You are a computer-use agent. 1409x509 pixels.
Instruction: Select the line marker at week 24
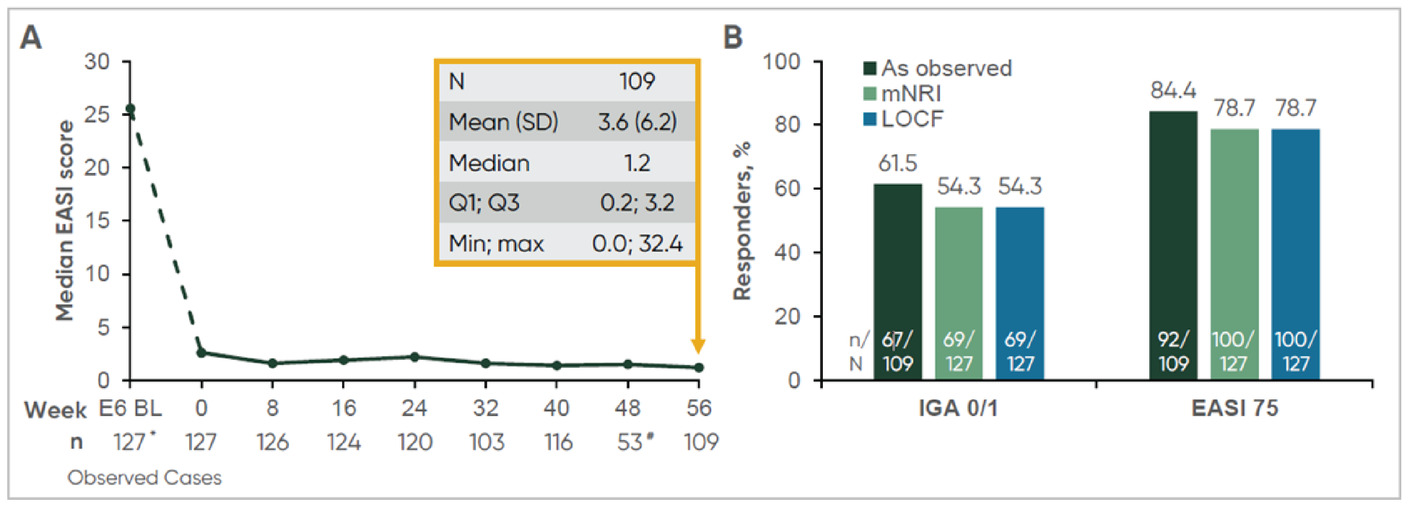pos(414,357)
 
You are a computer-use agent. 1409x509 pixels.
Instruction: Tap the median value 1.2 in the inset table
pos(637,163)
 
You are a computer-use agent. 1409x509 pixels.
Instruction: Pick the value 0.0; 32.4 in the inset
pos(637,243)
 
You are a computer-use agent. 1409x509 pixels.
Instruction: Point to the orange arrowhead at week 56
pos(698,346)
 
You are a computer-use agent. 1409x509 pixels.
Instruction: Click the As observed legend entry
pos(937,68)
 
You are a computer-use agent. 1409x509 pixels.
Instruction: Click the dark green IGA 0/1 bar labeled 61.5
pos(897,262)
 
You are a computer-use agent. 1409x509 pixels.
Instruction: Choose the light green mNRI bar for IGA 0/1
pos(959,273)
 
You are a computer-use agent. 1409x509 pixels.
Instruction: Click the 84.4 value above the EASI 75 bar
pos(1173,90)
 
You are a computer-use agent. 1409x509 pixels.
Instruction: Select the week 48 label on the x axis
pos(628,408)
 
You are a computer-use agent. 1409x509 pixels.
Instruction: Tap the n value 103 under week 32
pos(486,442)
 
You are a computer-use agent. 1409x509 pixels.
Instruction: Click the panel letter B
pos(733,37)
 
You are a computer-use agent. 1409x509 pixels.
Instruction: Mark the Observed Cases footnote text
pos(145,478)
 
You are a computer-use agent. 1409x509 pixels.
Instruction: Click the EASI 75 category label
pos(1234,408)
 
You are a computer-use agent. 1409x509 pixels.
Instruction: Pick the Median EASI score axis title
pos(65,220)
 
